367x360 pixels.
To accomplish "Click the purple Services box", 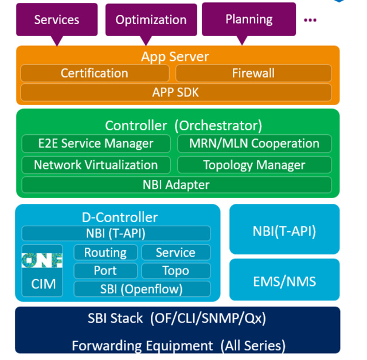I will [56, 20].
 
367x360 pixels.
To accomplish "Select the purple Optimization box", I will [151, 20].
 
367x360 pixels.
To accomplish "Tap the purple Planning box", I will [248, 20].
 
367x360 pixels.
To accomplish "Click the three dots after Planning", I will [310, 20].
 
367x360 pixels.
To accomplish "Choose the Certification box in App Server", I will [95, 73].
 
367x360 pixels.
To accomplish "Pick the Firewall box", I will [253, 73].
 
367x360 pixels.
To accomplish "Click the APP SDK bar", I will [175, 92].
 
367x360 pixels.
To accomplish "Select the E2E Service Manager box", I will [96, 144].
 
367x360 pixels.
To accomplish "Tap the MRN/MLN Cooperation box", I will [254, 144].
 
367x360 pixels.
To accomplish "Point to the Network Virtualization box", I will [96, 165].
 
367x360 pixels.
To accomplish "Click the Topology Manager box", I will [254, 165].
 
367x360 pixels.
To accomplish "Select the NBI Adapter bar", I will [175, 185].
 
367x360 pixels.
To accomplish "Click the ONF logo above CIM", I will [42, 261].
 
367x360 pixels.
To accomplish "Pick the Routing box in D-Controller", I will [106, 253].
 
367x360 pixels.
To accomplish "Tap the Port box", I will [106, 270].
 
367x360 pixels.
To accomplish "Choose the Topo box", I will [175, 270].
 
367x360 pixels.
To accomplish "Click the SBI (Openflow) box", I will [142, 288].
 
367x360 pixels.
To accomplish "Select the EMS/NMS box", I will [284, 281].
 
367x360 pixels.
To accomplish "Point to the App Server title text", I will [175, 57].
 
